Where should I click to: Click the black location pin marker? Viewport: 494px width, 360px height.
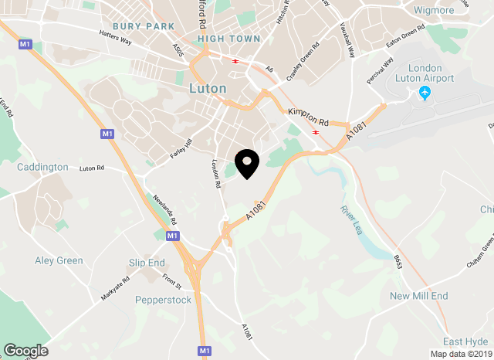247,163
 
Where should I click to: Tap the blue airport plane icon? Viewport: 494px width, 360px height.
424,93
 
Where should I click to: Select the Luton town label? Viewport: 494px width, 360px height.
208,88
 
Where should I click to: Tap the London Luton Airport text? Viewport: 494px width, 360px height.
425,73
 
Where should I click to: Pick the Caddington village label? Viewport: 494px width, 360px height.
42,167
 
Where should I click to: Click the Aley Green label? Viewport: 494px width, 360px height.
59,260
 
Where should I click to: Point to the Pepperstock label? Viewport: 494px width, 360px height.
163,300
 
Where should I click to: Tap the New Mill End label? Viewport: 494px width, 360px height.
418,296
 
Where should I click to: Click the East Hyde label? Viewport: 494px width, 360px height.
465,341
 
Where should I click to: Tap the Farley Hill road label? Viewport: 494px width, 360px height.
181,149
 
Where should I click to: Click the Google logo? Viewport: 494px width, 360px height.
25,351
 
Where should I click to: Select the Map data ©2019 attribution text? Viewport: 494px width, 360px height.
459,355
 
